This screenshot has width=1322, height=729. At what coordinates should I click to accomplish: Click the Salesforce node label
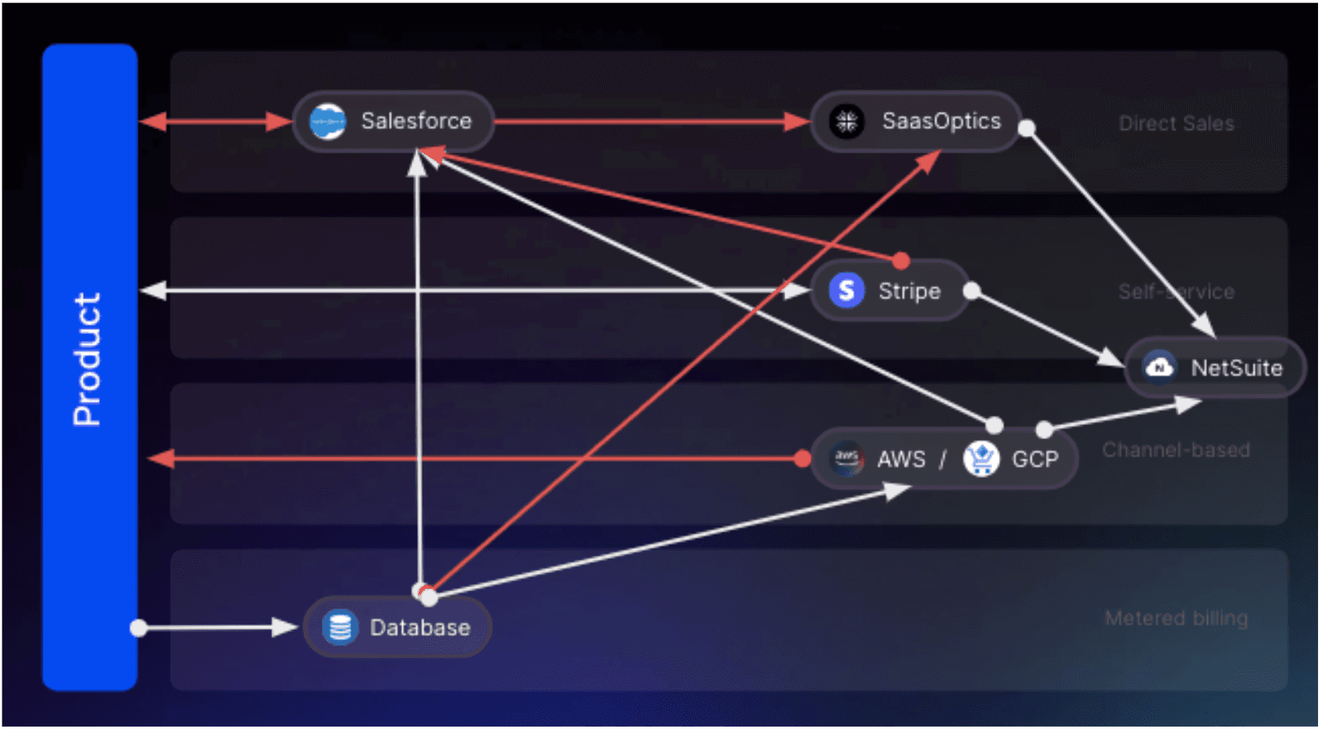click(x=416, y=121)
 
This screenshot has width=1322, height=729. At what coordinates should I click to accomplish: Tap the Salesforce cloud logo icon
click(x=327, y=122)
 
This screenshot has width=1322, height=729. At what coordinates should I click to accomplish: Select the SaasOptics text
click(x=941, y=121)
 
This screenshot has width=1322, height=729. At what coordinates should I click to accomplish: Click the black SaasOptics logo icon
click(x=847, y=121)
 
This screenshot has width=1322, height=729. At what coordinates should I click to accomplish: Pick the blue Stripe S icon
click(x=847, y=290)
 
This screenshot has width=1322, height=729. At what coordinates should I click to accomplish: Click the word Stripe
click(x=909, y=291)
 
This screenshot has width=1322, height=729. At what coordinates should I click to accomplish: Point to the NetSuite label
click(x=1236, y=368)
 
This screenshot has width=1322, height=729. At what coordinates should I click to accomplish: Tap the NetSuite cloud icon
click(x=1159, y=367)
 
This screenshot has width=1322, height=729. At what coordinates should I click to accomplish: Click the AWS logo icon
click(x=846, y=458)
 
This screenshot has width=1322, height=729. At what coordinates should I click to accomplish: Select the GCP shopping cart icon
click(x=980, y=458)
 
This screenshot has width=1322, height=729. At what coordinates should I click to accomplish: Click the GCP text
click(x=1035, y=459)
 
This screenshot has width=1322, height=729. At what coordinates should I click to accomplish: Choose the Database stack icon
click(x=340, y=627)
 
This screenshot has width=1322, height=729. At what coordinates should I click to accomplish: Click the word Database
click(x=420, y=627)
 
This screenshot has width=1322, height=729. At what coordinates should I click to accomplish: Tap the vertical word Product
click(x=87, y=359)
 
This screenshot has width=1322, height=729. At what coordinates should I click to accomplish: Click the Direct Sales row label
click(x=1176, y=124)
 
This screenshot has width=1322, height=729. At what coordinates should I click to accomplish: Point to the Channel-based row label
click(x=1176, y=450)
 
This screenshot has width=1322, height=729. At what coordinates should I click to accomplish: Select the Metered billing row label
click(x=1176, y=618)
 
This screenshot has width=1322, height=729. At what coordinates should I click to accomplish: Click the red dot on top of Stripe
click(x=901, y=261)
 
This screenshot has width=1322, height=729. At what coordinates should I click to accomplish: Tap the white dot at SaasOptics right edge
click(x=1027, y=128)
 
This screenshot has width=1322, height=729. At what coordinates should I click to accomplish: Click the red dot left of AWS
click(x=803, y=458)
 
